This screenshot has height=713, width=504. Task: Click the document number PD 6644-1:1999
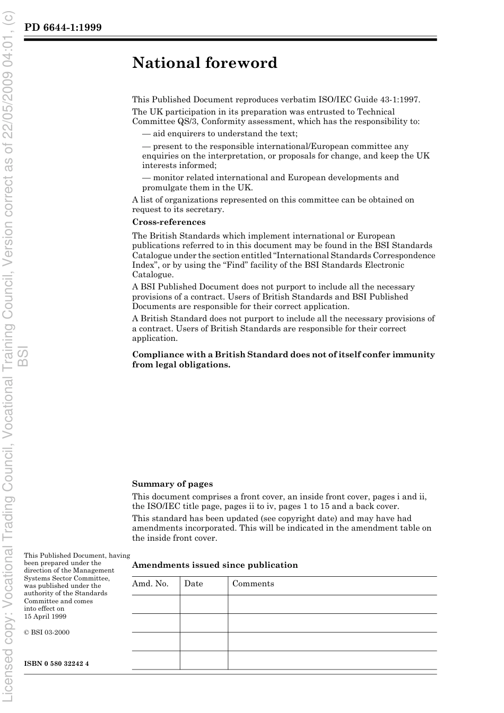(x=63, y=27)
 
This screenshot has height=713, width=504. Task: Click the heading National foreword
(x=205, y=63)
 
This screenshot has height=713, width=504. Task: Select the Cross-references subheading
(x=169, y=222)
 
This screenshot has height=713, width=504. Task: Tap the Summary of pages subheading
(x=172, y=483)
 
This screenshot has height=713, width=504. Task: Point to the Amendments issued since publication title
(x=215, y=565)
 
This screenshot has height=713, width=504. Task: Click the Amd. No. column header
(x=150, y=584)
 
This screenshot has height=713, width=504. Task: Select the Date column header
(x=194, y=584)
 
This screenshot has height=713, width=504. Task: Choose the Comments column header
(x=253, y=584)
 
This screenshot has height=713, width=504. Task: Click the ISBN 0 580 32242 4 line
(x=56, y=664)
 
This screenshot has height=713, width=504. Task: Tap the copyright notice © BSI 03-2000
(x=47, y=632)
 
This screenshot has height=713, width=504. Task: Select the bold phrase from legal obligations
(x=181, y=365)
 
